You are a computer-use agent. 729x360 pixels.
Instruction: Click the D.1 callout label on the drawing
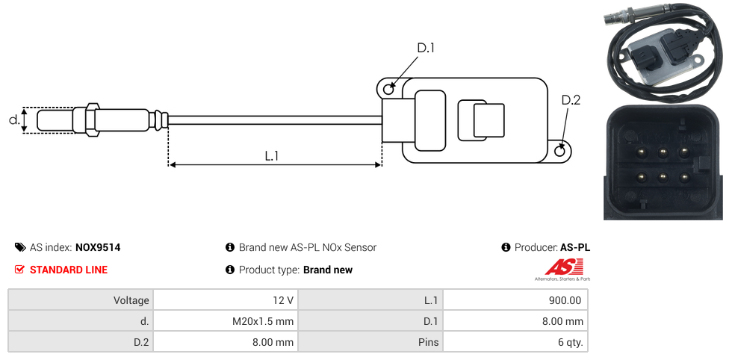click(426, 49)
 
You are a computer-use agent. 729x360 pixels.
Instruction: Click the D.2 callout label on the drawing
click(571, 100)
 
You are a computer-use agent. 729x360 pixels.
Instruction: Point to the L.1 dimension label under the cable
click(272, 156)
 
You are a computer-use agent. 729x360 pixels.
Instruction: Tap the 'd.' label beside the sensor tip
click(13, 120)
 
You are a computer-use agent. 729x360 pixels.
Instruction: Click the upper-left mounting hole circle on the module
click(388, 90)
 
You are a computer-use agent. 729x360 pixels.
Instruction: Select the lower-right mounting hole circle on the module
click(561, 152)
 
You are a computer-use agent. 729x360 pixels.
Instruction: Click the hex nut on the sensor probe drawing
click(93, 120)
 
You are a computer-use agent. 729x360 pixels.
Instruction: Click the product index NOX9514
click(98, 247)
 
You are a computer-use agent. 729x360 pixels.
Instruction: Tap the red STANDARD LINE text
click(69, 270)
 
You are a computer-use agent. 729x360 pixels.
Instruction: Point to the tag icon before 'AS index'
click(20, 247)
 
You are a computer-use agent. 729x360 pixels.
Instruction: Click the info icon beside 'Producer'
click(506, 247)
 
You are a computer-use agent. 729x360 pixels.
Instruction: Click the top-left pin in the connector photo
click(642, 152)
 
